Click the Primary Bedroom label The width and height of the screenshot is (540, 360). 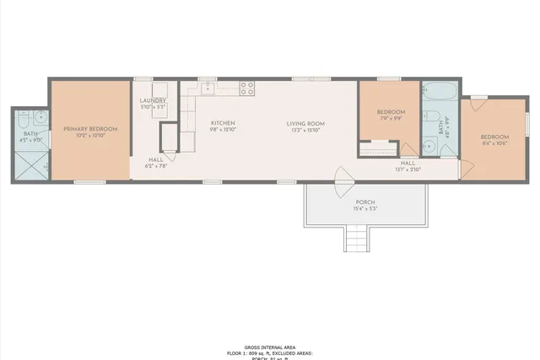point(90,129)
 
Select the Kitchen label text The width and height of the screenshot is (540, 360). point(223,123)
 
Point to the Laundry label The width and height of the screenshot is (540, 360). point(153,100)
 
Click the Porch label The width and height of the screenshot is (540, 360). point(365,201)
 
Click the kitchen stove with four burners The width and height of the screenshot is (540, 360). point(248,86)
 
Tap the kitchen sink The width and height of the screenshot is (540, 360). point(206,87)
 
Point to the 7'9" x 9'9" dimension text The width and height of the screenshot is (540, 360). point(390,119)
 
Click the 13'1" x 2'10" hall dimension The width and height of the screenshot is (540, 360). point(408,169)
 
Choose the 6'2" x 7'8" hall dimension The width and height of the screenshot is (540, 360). point(157,166)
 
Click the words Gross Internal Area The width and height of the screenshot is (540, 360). point(269,347)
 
